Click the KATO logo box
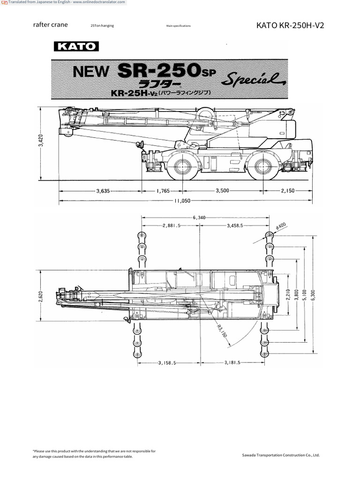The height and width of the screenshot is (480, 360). [76, 46]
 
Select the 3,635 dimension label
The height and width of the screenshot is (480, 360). [103, 191]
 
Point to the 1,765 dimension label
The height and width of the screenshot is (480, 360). [163, 191]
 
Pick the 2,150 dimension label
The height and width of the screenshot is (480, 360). [287, 191]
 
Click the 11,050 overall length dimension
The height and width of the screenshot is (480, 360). [182, 201]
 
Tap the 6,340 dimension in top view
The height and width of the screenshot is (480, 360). [199, 217]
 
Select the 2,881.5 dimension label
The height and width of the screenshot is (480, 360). [172, 225]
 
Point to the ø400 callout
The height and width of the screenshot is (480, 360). [281, 226]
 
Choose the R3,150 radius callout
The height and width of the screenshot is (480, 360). [222, 329]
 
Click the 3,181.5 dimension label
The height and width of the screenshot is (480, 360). [232, 362]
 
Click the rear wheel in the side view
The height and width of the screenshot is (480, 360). [261, 165]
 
